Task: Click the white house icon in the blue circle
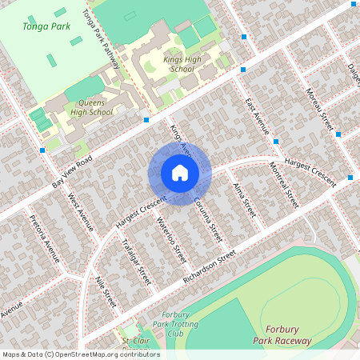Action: (179, 172)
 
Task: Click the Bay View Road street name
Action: (72, 173)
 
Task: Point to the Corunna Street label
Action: (207, 221)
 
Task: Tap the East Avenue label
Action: (258, 118)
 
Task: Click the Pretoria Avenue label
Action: (44, 239)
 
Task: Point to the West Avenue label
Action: (81, 211)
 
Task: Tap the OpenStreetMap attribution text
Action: (81, 354)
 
